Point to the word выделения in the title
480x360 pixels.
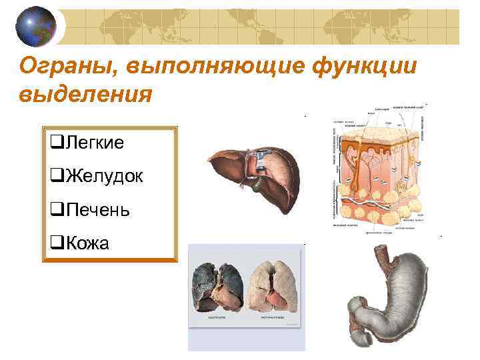(x=87, y=93)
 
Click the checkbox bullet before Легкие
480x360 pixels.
(x=55, y=143)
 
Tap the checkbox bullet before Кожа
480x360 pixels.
(x=55, y=245)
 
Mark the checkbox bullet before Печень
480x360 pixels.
(x=55, y=211)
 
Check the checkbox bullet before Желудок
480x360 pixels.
(x=55, y=177)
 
